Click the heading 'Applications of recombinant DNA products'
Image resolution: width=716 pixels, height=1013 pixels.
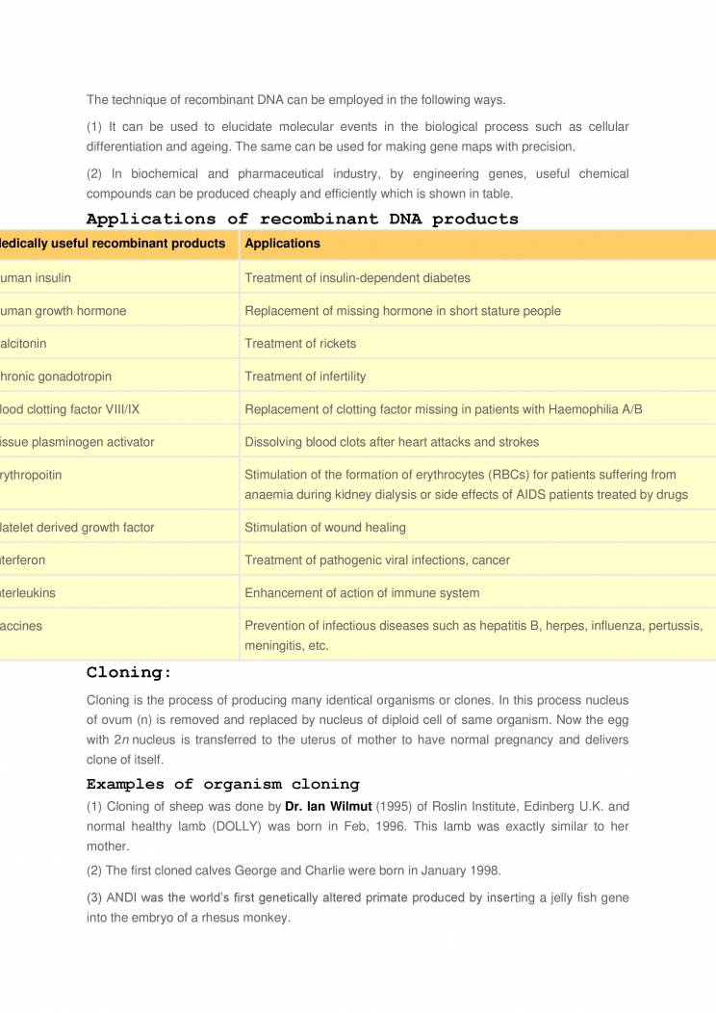(x=302, y=219)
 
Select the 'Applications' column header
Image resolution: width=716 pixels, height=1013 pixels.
(x=282, y=244)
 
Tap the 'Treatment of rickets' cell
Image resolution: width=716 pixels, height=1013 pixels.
(x=300, y=344)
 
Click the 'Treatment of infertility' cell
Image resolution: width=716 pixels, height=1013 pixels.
(x=305, y=377)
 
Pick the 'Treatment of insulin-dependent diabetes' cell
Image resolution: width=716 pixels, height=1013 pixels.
(x=357, y=278)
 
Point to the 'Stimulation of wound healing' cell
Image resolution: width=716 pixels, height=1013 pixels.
(x=325, y=528)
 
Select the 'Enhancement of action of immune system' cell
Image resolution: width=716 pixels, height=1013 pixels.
(x=362, y=593)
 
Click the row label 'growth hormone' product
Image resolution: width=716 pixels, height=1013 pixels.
(x=64, y=311)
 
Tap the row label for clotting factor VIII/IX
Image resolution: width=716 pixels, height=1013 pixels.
(x=70, y=409)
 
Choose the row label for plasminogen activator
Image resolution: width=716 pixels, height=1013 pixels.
(x=77, y=442)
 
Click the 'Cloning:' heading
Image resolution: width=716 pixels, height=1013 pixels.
(x=129, y=672)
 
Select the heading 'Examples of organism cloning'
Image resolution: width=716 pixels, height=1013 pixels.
(x=222, y=784)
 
